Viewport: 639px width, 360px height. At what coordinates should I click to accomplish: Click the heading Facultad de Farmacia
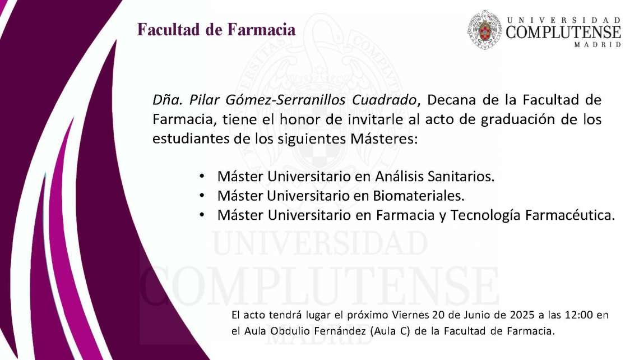(x=216, y=30)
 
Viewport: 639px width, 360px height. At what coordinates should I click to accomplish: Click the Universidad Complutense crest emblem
(x=484, y=29)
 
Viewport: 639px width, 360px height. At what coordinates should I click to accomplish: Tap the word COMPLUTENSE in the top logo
(x=563, y=32)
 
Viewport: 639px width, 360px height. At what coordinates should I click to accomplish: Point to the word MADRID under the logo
(x=598, y=45)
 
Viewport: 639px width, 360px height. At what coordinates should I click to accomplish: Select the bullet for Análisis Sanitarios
(x=202, y=176)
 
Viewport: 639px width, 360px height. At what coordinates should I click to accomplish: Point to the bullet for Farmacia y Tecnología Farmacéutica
(x=202, y=215)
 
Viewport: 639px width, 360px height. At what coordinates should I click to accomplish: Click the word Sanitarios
(x=461, y=176)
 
